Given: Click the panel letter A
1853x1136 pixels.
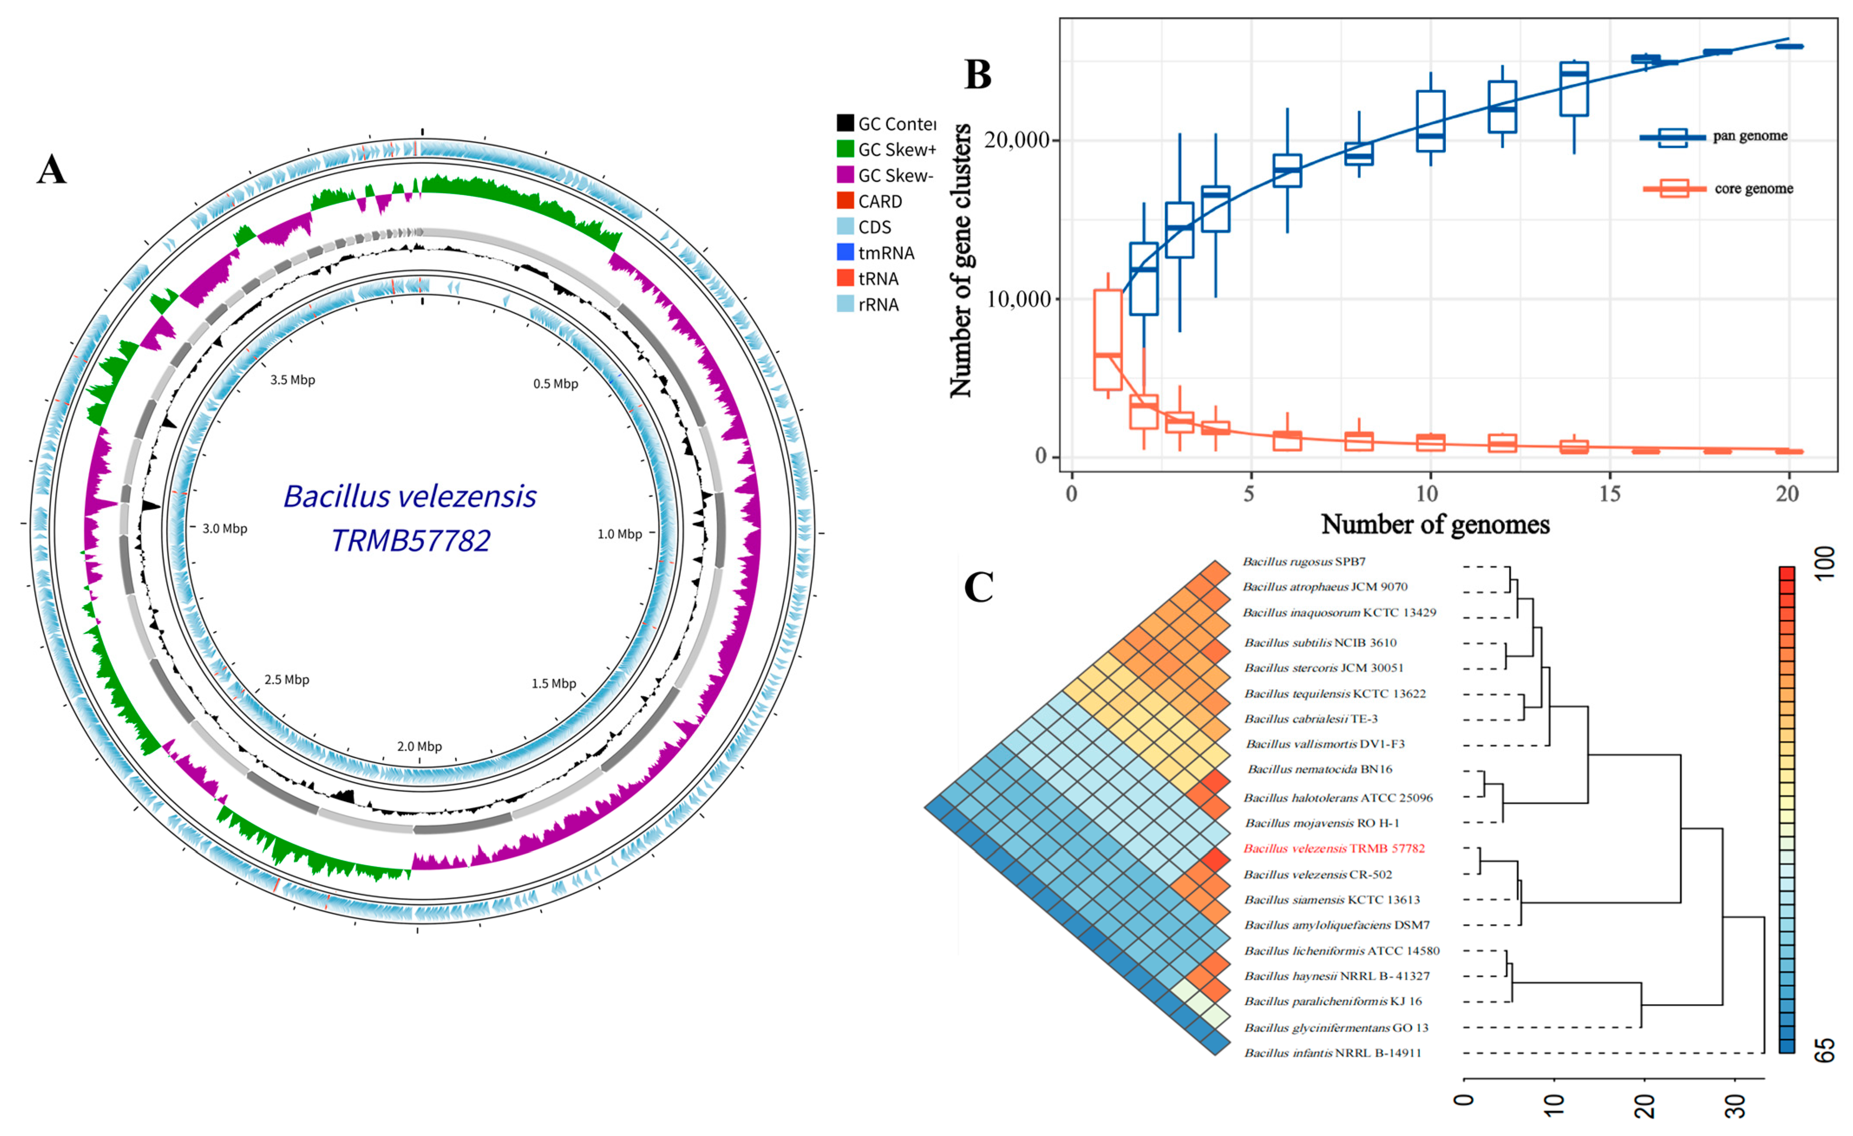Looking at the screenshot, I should click(51, 170).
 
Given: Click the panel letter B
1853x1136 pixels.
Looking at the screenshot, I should click(977, 75).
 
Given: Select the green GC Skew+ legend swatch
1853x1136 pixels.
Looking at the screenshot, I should click(845, 149).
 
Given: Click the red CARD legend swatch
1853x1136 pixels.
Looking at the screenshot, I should click(845, 201).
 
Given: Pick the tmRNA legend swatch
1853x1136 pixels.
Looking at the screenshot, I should click(845, 253).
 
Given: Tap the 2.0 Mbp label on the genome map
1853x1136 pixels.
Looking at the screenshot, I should click(419, 746).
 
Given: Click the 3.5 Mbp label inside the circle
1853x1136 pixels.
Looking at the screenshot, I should click(293, 380).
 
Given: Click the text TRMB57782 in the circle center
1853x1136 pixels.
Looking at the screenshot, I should click(411, 540).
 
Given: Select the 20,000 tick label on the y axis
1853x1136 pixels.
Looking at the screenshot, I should click(1017, 140).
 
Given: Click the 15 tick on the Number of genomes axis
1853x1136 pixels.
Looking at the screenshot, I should click(1609, 494).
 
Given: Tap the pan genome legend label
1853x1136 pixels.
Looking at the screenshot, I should click(1750, 136).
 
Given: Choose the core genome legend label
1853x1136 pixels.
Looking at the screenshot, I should click(1754, 189).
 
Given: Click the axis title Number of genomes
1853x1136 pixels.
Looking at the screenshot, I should click(1435, 524).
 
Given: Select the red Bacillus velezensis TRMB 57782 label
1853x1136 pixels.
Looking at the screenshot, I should click(1333, 848).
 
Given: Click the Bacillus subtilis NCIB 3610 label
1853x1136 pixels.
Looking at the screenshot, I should click(1320, 642).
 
